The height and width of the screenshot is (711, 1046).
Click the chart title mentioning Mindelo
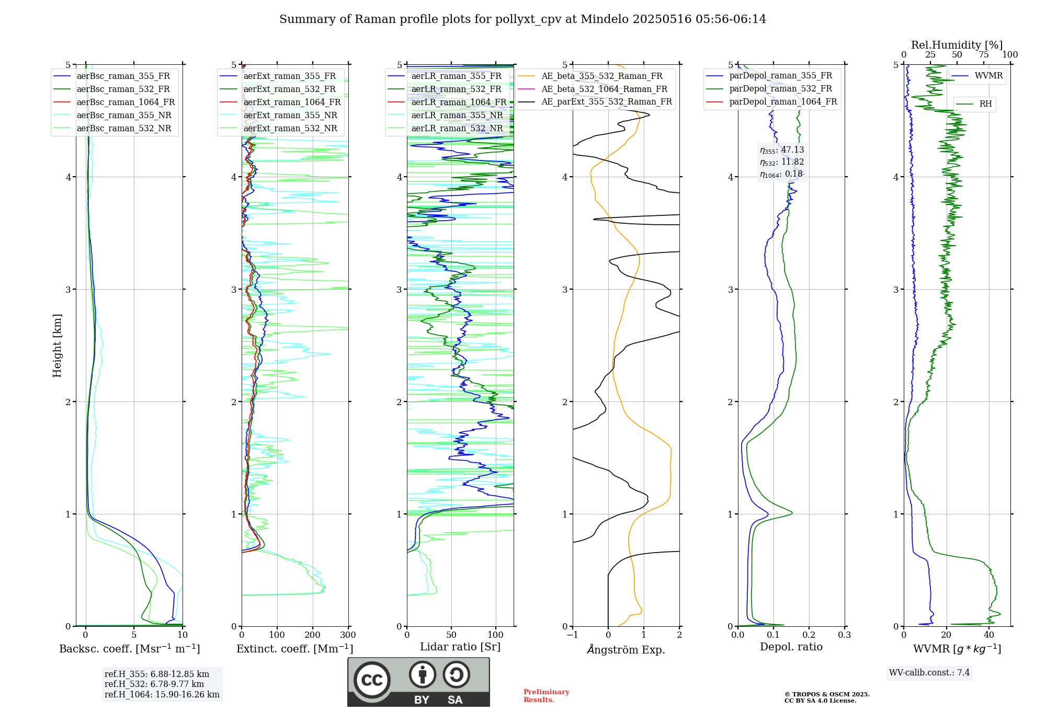(522, 19)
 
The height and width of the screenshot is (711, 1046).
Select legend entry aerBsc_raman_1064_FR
(126, 102)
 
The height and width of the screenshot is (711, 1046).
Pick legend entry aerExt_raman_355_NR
(290, 115)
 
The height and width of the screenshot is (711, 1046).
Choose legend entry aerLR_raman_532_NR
(457, 128)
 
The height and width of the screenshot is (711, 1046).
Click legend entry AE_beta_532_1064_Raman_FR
(604, 89)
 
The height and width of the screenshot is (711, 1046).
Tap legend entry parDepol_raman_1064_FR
(783, 101)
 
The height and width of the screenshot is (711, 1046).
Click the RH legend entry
(985, 104)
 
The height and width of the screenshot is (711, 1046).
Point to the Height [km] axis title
(57, 345)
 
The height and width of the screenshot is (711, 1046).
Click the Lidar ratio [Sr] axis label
(460, 647)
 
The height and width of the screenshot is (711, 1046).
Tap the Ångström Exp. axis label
(626, 649)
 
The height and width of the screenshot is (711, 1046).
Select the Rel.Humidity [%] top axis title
(957, 45)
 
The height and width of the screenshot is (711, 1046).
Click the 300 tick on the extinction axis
(348, 635)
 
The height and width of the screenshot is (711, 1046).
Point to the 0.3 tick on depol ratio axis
(844, 635)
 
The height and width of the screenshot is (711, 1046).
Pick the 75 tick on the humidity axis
(983, 55)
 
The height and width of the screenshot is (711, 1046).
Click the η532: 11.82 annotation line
(782, 162)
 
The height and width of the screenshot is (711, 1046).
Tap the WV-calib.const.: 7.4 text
(929, 672)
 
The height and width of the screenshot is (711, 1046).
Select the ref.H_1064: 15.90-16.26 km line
(162, 694)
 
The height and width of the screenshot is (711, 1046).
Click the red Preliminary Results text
(546, 695)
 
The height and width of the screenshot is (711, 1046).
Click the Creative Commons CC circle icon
(372, 680)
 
